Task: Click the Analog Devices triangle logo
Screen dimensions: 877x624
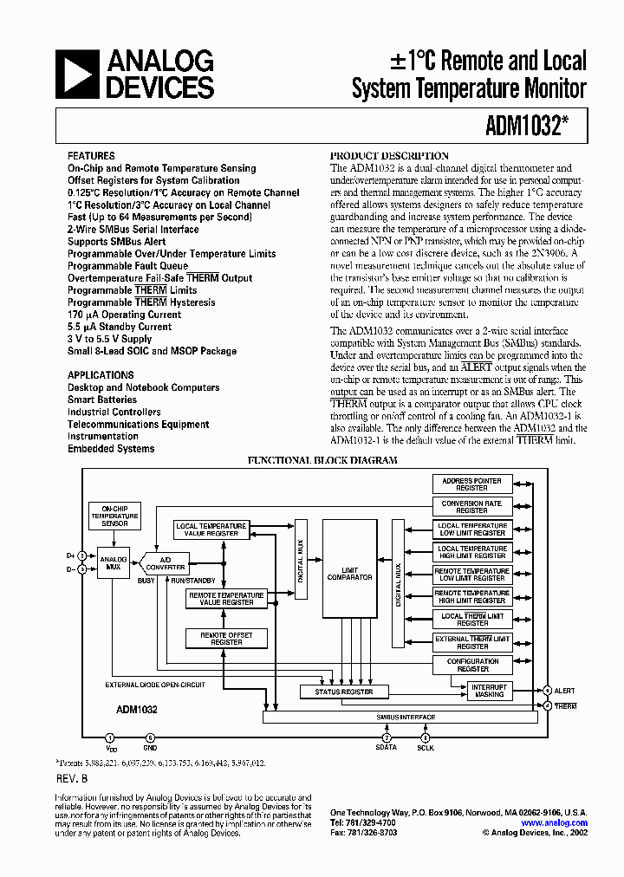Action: pyautogui.click(x=79, y=74)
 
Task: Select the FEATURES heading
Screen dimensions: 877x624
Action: pyautogui.click(x=91, y=156)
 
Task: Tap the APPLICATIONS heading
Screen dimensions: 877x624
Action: pyautogui.click(x=101, y=375)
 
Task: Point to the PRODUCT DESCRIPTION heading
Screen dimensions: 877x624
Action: pyautogui.click(x=390, y=156)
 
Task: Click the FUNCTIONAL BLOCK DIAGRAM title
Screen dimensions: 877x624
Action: pyautogui.click(x=323, y=460)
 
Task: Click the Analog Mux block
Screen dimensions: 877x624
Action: pyautogui.click(x=114, y=563)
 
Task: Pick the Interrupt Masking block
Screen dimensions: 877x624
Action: pyautogui.click(x=489, y=691)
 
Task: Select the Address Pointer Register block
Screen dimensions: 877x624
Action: pyautogui.click(x=471, y=484)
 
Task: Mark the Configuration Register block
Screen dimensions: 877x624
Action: pyautogui.click(x=472, y=666)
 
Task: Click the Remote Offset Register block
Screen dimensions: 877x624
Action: pyautogui.click(x=226, y=639)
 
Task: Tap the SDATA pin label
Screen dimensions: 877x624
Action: pyautogui.click(x=386, y=747)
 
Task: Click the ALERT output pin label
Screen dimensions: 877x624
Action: pyautogui.click(x=565, y=691)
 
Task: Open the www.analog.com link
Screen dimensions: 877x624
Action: pyautogui.click(x=555, y=822)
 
